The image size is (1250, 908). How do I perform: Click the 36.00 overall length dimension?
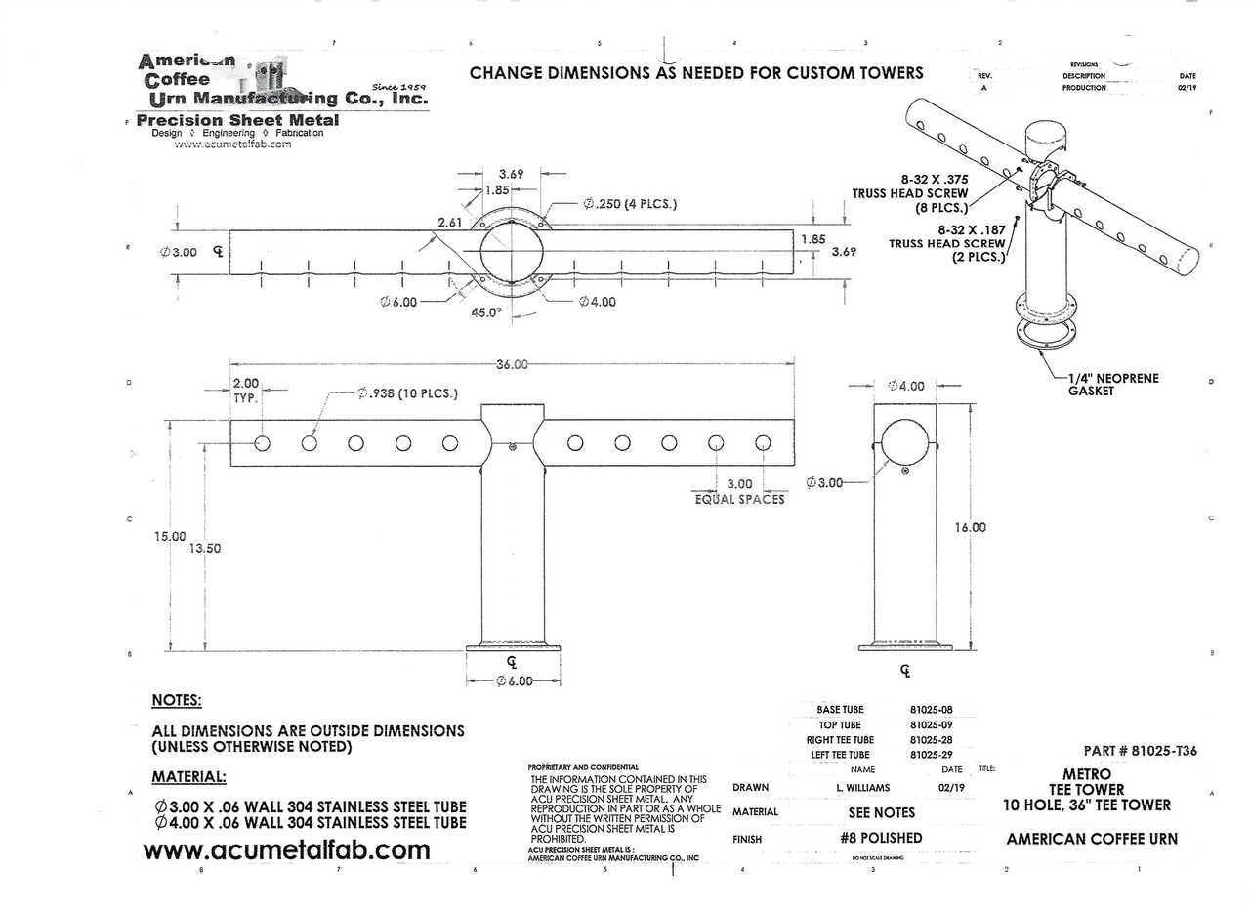click(x=512, y=364)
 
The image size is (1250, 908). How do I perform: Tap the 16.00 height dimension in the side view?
click(x=970, y=527)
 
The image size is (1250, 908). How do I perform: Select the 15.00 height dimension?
click(x=170, y=536)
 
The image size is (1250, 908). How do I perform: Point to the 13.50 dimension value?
click(x=205, y=548)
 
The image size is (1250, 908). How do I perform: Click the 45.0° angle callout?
click(x=484, y=312)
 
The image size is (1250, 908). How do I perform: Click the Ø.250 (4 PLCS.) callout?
click(x=630, y=204)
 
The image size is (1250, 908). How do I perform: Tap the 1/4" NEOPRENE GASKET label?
click(x=1113, y=384)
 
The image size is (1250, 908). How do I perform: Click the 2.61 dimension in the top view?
click(x=450, y=223)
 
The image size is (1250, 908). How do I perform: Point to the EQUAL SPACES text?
click(x=739, y=499)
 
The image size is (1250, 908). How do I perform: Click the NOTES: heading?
click(x=177, y=700)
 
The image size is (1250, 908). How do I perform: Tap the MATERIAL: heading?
click(x=189, y=777)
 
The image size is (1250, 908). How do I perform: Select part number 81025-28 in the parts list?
click(x=931, y=740)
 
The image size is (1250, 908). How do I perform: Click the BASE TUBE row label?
click(x=840, y=710)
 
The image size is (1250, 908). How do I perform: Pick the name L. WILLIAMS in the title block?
click(x=863, y=787)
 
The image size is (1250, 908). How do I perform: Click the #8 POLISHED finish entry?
click(x=881, y=838)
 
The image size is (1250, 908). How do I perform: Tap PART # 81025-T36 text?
click(x=1140, y=751)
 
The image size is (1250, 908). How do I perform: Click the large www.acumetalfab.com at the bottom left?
click(x=286, y=850)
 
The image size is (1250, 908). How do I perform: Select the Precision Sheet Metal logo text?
click(x=238, y=120)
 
